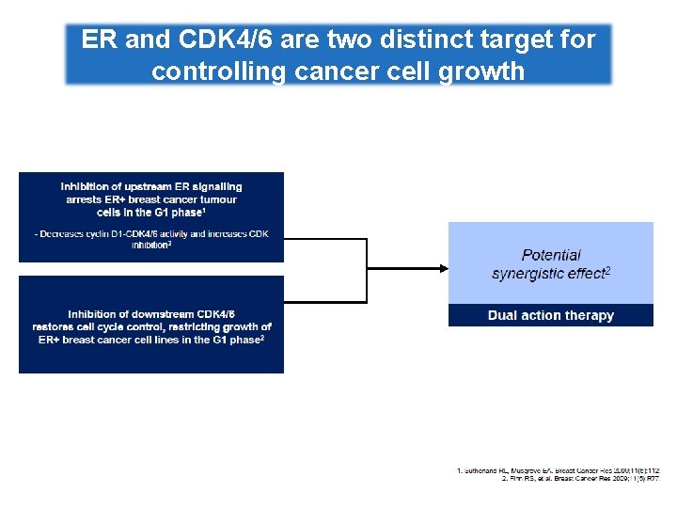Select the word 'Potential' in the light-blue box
tap(551, 255)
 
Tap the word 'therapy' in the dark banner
tap(590, 315)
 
